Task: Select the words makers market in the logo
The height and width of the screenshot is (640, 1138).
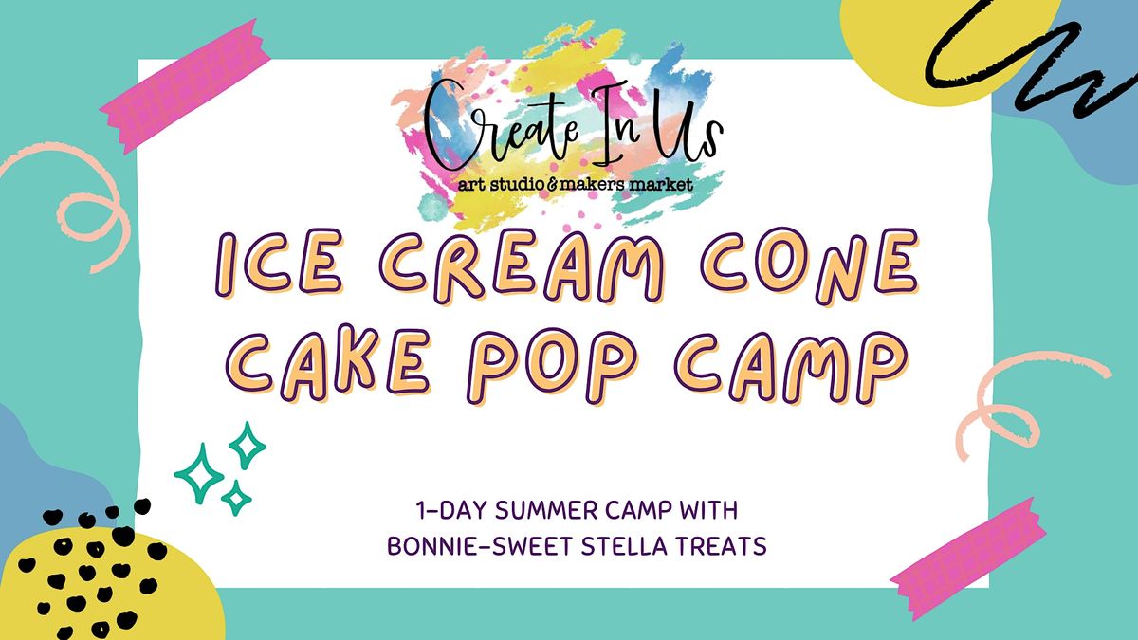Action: point(636,184)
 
